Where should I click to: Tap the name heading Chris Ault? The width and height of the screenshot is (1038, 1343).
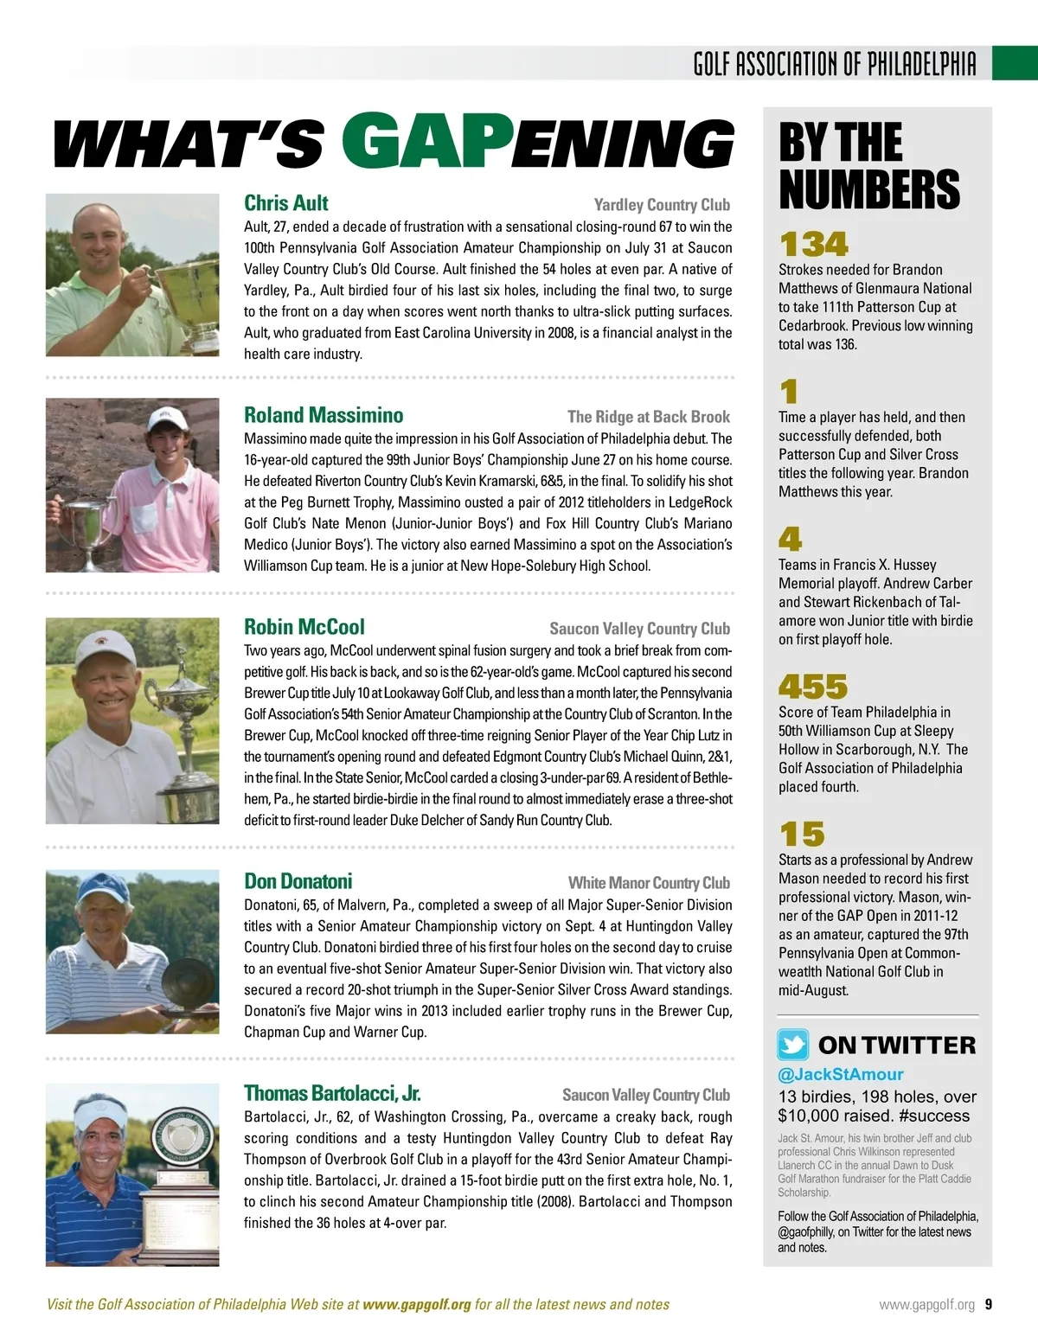(286, 204)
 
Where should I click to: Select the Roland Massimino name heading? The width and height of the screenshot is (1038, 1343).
(324, 416)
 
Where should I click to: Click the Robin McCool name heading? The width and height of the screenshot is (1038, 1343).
(304, 628)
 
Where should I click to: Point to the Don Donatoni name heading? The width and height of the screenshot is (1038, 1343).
(298, 882)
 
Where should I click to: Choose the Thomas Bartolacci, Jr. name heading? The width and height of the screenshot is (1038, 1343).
(332, 1094)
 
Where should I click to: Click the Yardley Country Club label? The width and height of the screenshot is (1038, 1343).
(662, 205)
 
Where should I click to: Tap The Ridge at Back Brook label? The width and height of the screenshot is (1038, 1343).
(649, 417)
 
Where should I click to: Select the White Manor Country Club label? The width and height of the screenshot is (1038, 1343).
(649, 883)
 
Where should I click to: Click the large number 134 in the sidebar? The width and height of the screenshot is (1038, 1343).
(813, 244)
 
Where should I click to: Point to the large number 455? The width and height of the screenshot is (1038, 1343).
(813, 687)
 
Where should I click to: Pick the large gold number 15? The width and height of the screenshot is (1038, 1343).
(802, 835)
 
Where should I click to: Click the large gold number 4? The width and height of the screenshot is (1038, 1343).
(790, 540)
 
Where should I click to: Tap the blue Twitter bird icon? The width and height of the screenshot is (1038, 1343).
(793, 1045)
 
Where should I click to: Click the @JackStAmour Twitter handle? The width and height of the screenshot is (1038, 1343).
(841, 1075)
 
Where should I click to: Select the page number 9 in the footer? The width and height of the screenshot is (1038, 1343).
(988, 1305)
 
